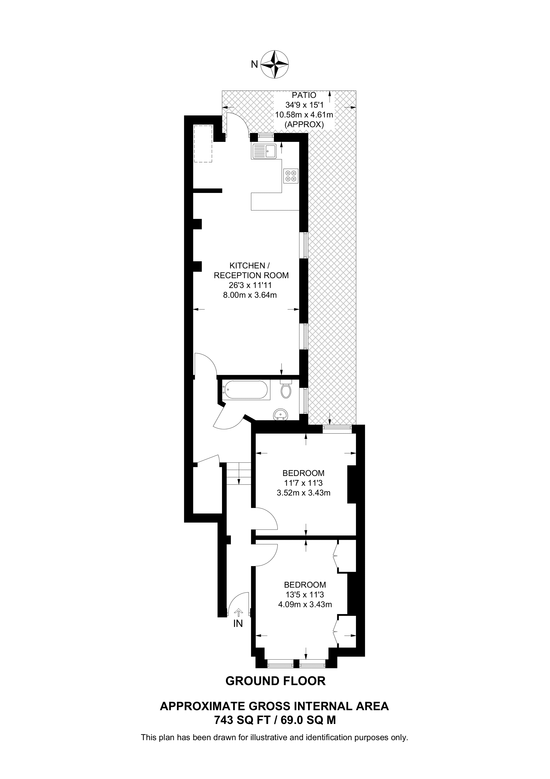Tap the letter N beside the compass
[x=254, y=64]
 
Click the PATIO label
[x=304, y=95]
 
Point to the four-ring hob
[x=291, y=176]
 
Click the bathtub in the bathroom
[x=246, y=390]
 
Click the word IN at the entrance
[x=238, y=624]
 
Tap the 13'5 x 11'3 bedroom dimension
[x=305, y=594]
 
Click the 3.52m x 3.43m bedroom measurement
[x=303, y=493]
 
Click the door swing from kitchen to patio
[x=237, y=124]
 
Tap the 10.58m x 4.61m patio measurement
[x=304, y=115]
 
